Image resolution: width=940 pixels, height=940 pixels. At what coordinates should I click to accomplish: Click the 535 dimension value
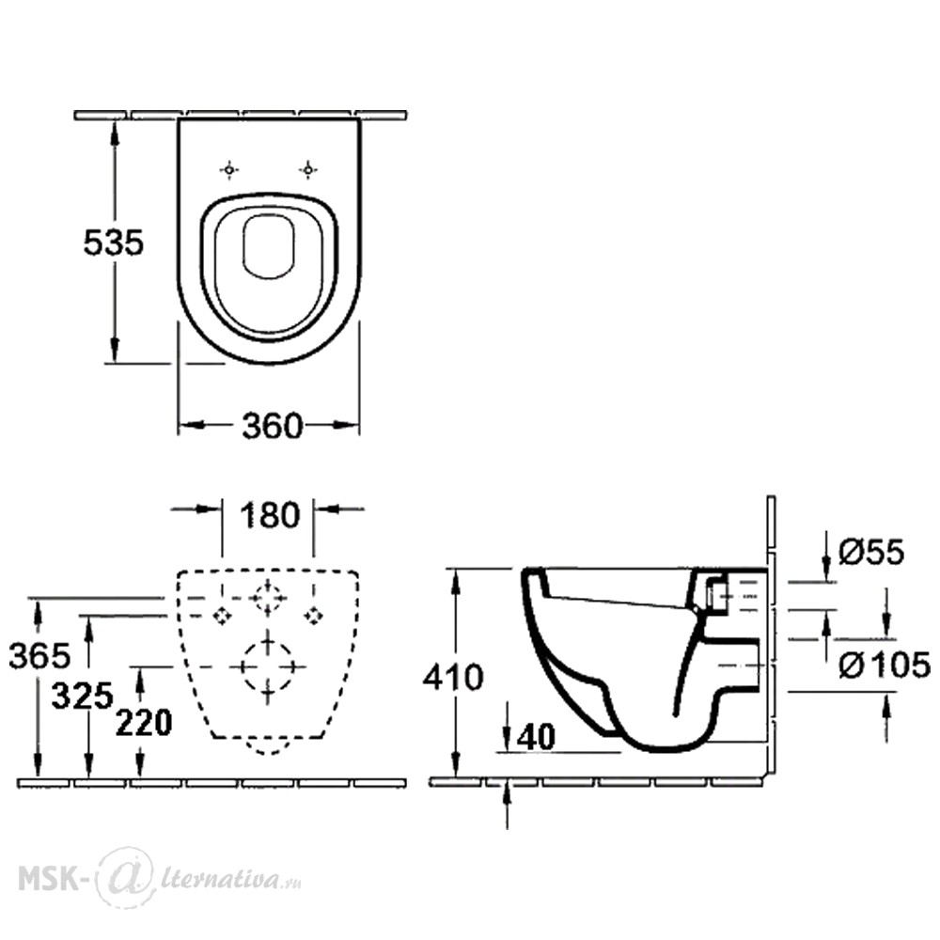[x=114, y=243]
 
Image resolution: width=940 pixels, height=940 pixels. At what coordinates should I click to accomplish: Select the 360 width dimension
[x=273, y=426]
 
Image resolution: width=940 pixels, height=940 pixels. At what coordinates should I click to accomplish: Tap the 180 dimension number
[x=269, y=515]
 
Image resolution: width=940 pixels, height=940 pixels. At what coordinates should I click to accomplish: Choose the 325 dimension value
[x=82, y=697]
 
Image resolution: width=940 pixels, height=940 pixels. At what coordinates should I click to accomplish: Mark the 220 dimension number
[x=144, y=722]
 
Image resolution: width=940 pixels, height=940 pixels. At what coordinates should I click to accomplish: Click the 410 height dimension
[x=453, y=678]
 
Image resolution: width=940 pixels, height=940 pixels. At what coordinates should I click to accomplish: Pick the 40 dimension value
[x=536, y=736]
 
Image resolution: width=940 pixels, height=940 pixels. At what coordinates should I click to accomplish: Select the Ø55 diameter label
[x=871, y=552]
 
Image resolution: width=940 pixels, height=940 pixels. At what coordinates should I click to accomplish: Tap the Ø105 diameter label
[x=885, y=666]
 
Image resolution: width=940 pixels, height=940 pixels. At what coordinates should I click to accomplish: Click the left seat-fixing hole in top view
[x=229, y=170]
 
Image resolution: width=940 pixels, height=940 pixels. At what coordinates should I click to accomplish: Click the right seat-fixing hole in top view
[x=307, y=170]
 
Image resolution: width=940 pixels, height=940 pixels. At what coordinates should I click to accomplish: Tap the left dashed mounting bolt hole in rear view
[x=223, y=615]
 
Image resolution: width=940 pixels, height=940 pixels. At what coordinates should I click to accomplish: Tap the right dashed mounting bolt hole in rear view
[x=313, y=615]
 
